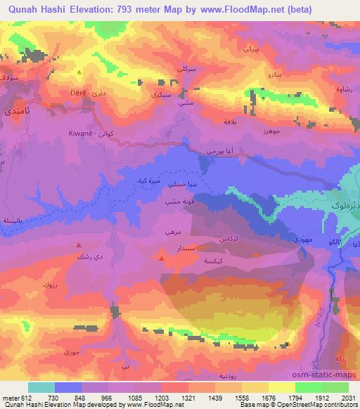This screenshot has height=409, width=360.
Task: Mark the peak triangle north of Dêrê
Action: tap(79, 71)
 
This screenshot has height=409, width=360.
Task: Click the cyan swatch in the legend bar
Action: tap(41, 387)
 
